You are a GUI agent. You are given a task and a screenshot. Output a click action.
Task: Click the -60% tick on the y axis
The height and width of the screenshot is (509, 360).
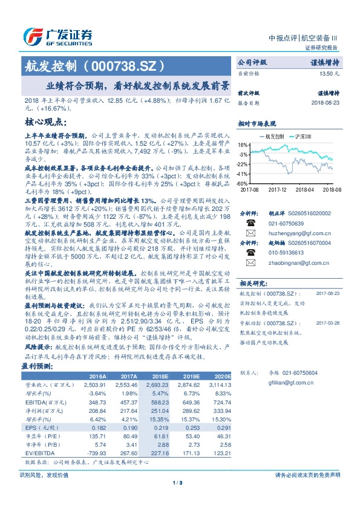pyautogui.click(x=241, y=183)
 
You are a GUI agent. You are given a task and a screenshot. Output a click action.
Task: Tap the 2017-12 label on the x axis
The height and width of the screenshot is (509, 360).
pyautogui.click(x=277, y=189)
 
